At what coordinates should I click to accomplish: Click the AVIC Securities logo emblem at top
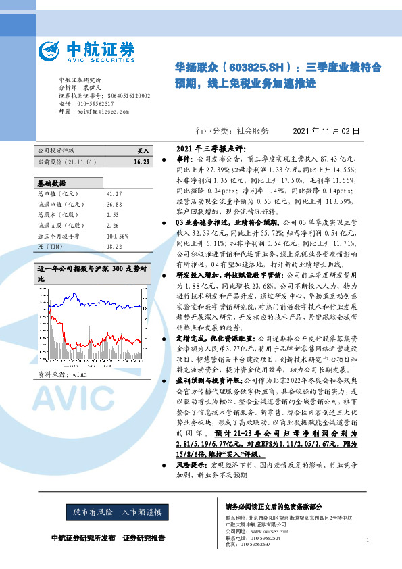51,51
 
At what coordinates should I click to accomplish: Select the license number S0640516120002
126,96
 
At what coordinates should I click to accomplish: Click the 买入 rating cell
143,152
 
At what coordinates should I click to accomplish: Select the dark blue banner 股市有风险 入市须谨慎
118,512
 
